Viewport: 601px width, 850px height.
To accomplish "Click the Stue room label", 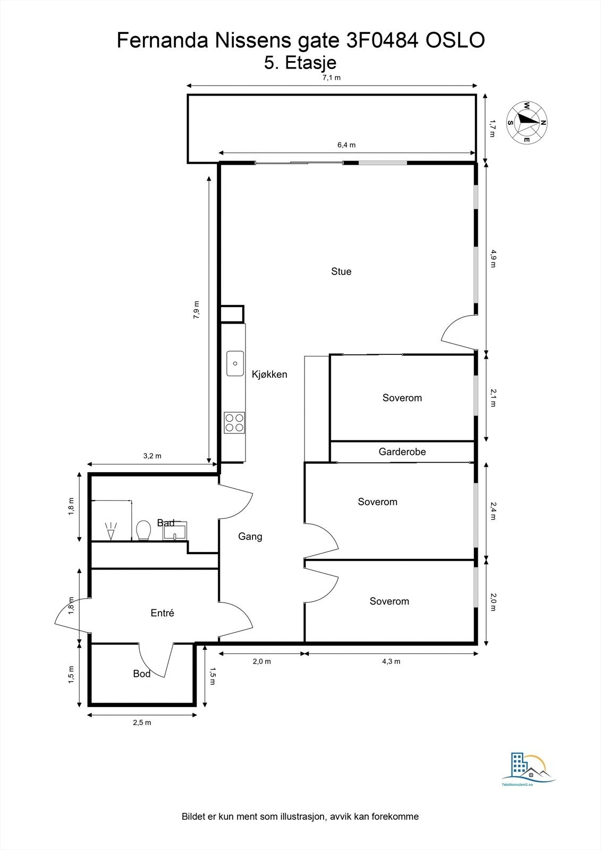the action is tap(341, 271).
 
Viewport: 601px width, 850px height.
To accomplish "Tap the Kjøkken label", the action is tap(269, 375).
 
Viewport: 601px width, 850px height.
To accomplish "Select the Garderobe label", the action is tap(402, 452).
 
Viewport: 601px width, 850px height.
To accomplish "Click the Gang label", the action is tap(250, 537).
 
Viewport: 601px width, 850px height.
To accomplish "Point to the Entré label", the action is tap(162, 613).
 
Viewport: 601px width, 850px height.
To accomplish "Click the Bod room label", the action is tap(141, 674).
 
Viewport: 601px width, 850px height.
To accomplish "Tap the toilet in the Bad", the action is tap(143, 530).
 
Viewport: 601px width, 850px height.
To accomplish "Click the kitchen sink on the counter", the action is tap(235, 363).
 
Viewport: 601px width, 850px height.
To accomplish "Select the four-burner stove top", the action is tap(235, 423).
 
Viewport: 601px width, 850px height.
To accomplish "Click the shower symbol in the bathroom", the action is tap(111, 531).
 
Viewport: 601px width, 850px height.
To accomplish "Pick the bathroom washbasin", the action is tap(175, 531).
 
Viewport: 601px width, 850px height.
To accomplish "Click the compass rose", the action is tap(527, 122).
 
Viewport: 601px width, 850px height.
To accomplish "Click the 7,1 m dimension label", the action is tap(332, 78).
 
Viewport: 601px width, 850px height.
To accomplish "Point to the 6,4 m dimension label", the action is tap(346, 145).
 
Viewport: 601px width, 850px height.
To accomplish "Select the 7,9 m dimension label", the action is tap(196, 310).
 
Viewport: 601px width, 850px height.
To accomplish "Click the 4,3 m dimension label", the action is tap(391, 661).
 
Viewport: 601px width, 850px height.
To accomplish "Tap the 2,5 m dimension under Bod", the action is tap(142, 722).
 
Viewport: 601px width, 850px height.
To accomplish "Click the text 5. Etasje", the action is tap(300, 63).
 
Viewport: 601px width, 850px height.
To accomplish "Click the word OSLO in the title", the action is tap(455, 40).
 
